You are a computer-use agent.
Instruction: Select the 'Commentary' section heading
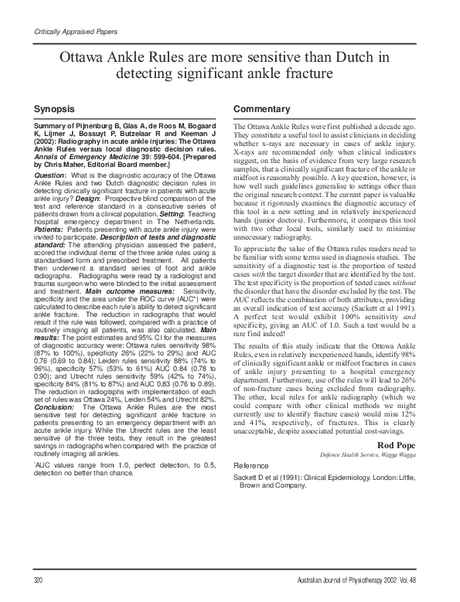pos(263,109)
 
